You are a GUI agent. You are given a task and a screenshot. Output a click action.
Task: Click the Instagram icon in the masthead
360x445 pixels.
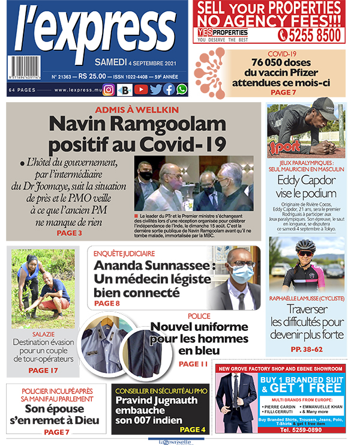coord(109,89)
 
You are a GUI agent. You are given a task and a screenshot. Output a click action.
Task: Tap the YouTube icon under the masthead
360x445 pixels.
coord(140,89)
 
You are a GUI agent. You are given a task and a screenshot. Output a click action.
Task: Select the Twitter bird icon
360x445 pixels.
coord(155,89)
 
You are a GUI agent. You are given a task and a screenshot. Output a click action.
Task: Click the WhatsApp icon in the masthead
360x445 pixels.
coord(181,89)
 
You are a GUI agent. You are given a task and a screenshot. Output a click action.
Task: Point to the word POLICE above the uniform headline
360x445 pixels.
coord(199,316)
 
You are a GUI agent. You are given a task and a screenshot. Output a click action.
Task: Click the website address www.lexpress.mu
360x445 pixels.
coord(76,90)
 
